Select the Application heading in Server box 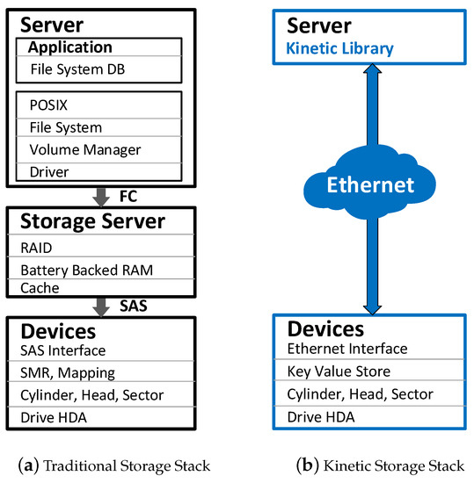coord(70,47)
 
